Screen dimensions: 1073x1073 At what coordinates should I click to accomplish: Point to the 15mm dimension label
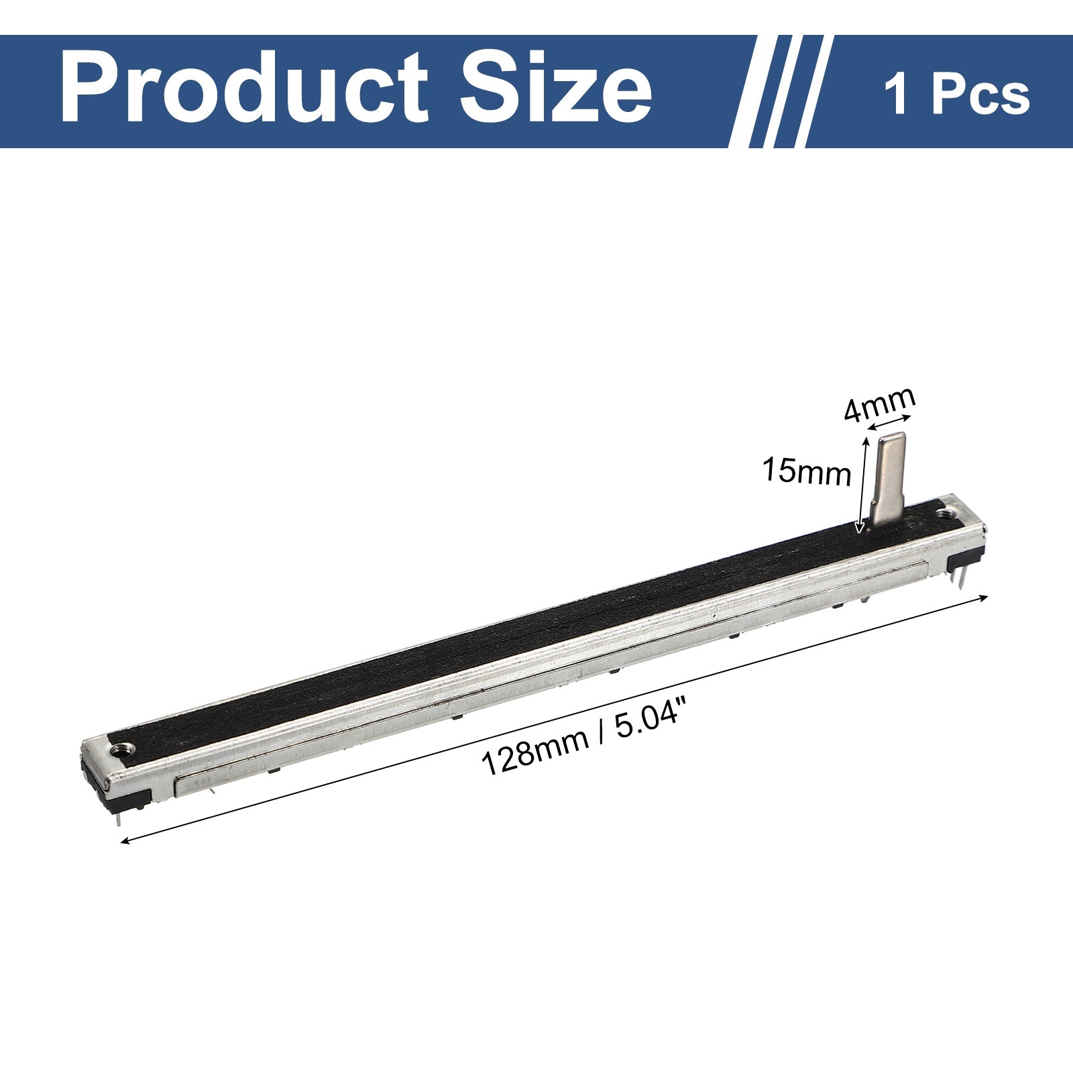coord(806,471)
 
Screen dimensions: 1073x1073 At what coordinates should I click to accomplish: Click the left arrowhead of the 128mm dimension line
coord(125,841)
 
